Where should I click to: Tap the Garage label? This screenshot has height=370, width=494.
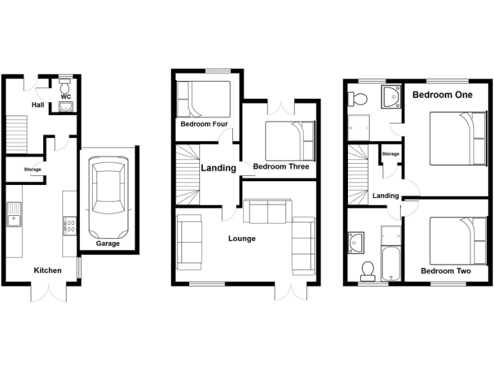coord(107,244)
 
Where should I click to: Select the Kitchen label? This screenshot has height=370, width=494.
coord(48,270)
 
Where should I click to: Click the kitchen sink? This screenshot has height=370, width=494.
coord(14,215)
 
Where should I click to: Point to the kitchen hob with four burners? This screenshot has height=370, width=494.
coord(69,225)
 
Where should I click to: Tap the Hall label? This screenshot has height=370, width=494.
coord(38,104)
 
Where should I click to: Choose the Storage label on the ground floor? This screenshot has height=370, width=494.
coord(33,170)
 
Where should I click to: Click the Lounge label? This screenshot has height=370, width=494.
coord(242,238)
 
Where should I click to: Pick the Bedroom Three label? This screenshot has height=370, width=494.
coord(280,167)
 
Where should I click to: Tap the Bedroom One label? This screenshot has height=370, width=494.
coord(442,95)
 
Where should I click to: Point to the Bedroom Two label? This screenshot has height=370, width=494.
coord(445,271)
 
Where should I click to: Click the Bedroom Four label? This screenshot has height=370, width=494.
coord(203,124)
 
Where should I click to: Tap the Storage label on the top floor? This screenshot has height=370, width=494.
coord(390,154)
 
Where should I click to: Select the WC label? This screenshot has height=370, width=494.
coord(66,97)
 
